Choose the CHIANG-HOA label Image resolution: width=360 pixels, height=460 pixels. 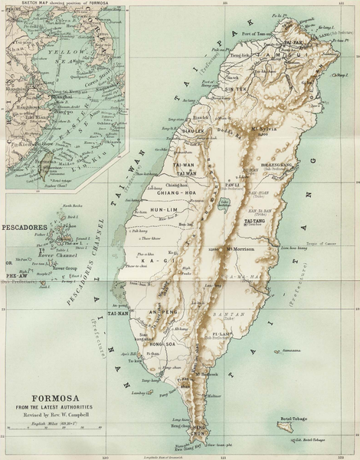point(178,192)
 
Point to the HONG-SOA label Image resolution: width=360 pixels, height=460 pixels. point(165,345)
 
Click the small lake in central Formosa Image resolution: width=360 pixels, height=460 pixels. point(224,204)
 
